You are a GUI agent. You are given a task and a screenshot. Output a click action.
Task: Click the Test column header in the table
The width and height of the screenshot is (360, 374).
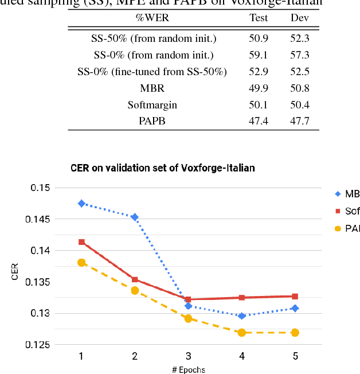point(259,17)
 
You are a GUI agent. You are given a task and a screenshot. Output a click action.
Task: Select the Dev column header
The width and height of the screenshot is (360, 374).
point(300,17)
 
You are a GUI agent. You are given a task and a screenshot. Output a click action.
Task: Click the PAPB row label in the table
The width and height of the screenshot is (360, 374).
point(152,121)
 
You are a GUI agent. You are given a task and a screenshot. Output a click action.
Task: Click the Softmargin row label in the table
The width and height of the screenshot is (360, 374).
point(152,104)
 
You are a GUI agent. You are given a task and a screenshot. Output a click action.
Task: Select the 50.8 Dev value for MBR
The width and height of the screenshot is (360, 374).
point(300,88)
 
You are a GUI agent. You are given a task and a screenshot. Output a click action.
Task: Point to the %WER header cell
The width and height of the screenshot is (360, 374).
point(152,17)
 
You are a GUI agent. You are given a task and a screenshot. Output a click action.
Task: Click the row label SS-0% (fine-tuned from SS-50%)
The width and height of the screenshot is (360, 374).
point(152,72)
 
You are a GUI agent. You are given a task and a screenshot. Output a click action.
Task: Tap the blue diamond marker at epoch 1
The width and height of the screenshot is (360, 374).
point(81,204)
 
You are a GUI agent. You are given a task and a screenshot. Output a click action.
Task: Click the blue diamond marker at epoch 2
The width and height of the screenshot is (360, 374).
point(135,217)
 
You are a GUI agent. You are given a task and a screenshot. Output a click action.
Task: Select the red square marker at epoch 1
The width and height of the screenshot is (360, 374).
point(81,242)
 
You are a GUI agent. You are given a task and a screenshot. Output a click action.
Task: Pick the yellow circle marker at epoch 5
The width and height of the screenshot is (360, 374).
point(295,333)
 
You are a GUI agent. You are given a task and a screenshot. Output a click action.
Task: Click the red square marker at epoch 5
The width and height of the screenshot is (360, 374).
point(295,297)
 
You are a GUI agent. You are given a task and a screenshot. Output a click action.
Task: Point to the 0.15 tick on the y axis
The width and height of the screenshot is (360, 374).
point(41,188)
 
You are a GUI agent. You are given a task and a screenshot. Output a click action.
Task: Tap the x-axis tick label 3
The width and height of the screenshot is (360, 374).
point(188,356)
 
